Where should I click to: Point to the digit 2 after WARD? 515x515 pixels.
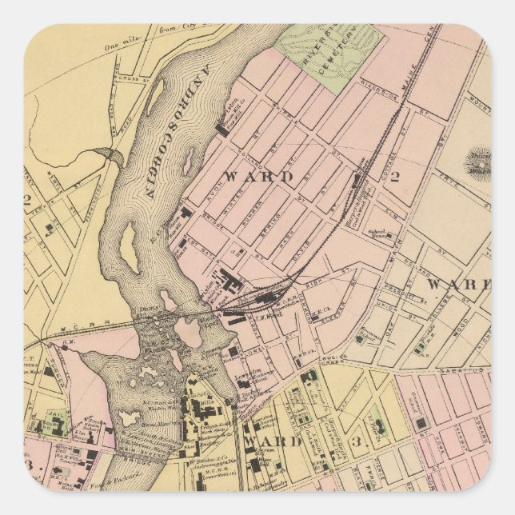click(393, 176)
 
